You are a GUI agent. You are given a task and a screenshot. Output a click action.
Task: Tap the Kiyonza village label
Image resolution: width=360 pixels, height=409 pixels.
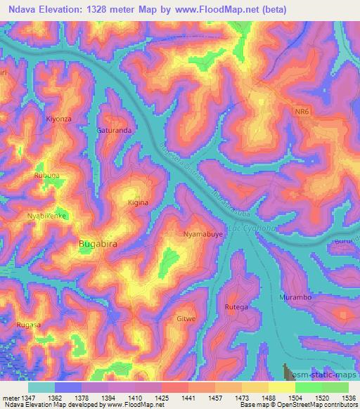[58, 119]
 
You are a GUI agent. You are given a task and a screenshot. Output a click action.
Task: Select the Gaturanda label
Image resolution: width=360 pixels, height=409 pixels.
[115, 131]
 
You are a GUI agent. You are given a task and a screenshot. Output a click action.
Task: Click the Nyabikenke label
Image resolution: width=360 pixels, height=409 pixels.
[46, 216]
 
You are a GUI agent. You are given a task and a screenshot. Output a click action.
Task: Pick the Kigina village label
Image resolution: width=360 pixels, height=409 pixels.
[138, 202]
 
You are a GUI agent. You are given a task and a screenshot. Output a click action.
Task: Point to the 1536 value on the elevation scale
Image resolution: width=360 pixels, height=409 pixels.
[349, 397]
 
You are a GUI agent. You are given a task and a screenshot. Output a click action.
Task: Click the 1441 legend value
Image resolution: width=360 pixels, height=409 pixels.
[188, 397]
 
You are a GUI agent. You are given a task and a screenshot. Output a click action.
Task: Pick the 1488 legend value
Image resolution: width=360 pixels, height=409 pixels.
[269, 397]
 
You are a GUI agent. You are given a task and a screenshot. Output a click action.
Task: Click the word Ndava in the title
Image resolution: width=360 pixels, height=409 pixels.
[25, 8]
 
